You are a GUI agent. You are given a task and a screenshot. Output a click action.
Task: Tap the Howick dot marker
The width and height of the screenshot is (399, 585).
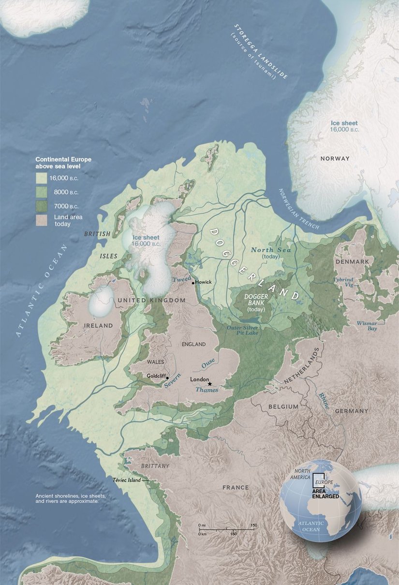pos(193,282)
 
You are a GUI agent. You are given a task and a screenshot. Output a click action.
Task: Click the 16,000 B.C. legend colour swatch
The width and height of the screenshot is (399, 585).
pos(42,178)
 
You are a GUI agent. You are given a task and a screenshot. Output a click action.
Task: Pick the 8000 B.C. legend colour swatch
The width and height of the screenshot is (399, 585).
pos(42,192)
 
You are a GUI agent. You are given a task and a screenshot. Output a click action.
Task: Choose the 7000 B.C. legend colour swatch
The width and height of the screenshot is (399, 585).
pos(42,206)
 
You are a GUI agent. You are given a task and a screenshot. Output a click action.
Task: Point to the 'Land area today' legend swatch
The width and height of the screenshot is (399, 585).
pos(42,220)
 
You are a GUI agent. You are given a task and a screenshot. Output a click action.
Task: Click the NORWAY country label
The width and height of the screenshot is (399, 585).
pos(335,158)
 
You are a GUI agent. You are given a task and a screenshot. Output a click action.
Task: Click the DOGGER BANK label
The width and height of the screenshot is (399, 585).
pos(256,302)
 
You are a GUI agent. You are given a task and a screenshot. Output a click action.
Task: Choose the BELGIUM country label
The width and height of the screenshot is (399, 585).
pos(283,407)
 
